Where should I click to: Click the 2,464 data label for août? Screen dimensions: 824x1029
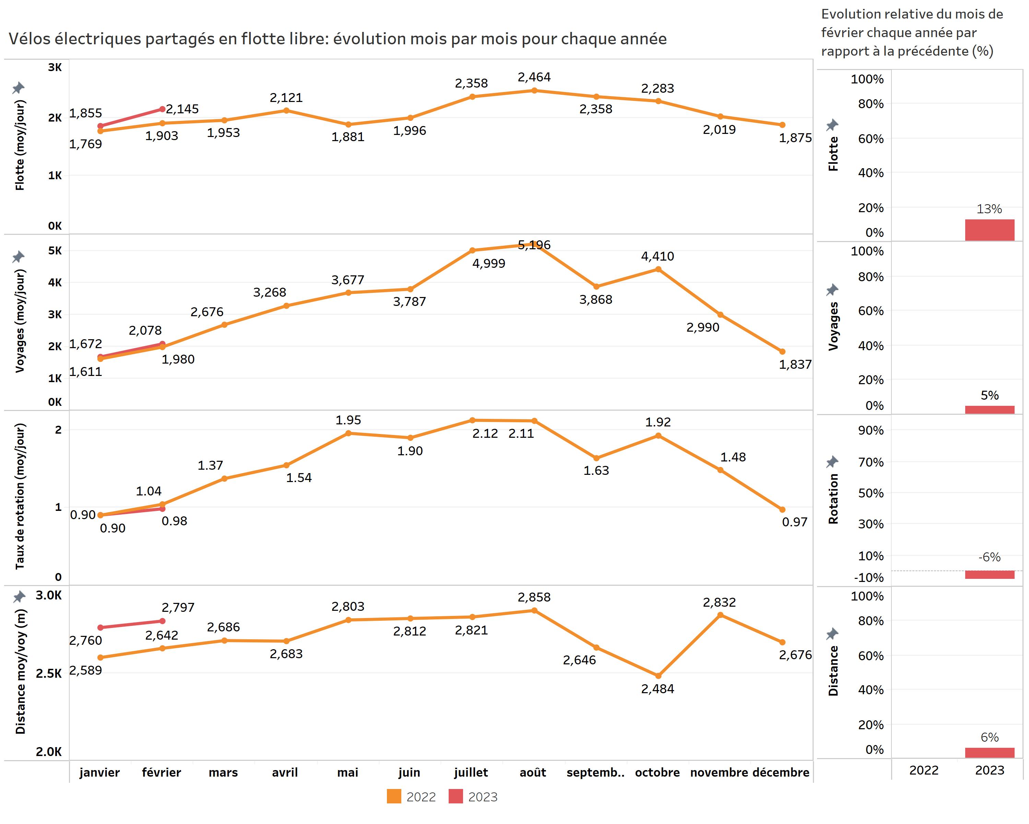(x=534, y=77)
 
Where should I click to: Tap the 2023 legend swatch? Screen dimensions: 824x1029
(x=455, y=796)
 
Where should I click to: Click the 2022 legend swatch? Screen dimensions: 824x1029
(x=394, y=796)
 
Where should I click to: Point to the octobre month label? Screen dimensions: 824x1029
(x=657, y=772)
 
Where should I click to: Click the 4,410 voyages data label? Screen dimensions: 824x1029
(x=657, y=256)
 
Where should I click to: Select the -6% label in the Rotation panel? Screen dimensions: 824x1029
(x=990, y=557)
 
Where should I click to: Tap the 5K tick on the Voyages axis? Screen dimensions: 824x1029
(x=55, y=251)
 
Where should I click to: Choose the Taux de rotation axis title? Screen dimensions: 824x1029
(x=20, y=497)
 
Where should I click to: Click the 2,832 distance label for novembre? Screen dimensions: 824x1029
(x=719, y=602)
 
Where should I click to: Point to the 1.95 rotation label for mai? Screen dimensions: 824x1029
(x=348, y=420)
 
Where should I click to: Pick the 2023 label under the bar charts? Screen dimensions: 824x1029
(x=990, y=770)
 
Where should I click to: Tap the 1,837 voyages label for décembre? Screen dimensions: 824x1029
(x=795, y=365)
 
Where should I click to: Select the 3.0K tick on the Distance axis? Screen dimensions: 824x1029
(x=49, y=595)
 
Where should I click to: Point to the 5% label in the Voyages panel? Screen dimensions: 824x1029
(x=990, y=396)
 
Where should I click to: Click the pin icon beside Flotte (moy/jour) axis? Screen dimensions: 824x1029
(x=18, y=88)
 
